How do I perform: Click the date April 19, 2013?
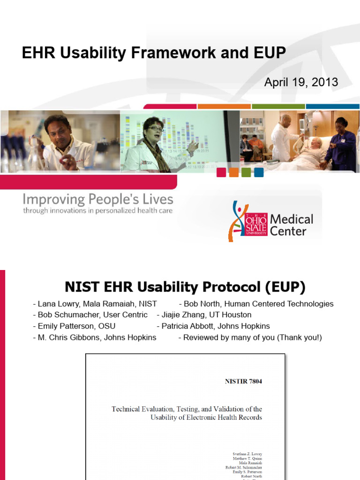tap(301, 82)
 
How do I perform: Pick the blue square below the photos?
tap(259, 172)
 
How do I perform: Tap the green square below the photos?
tap(247, 172)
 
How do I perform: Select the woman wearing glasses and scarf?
tap(155, 141)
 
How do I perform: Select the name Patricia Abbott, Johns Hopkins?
tap(215, 326)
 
